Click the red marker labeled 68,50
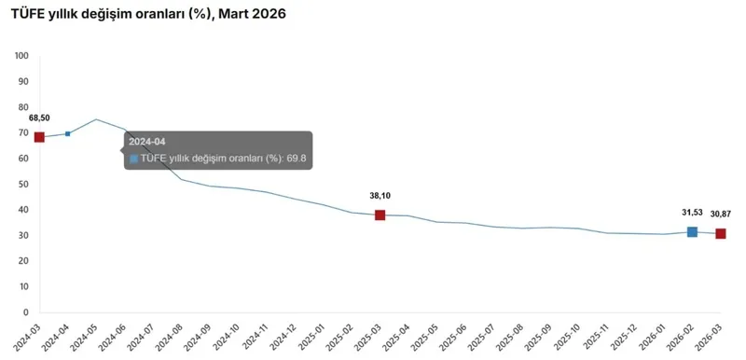39,137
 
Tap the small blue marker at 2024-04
67,134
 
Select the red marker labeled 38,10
380,215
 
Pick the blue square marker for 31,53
692,231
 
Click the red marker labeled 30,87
721,233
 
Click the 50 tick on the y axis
24,185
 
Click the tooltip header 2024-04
147,142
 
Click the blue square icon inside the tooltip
134,159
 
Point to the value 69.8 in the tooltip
297,159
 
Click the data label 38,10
380,197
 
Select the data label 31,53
692,214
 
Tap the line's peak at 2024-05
96,119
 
